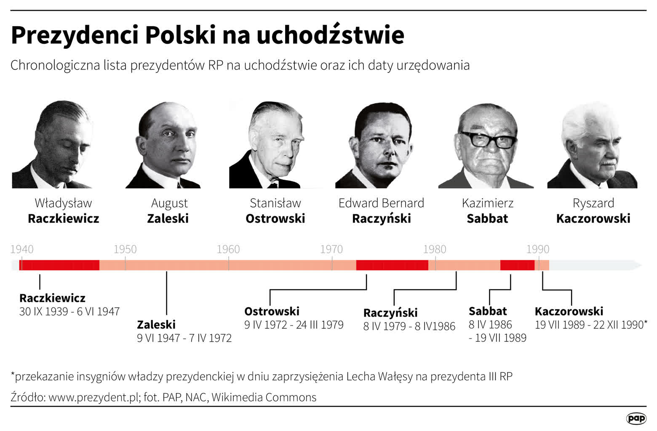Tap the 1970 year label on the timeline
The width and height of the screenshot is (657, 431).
331,249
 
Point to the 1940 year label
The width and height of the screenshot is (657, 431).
22,249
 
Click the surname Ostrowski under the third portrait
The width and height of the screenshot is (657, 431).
275,218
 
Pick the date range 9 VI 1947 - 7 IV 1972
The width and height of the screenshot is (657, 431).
184,338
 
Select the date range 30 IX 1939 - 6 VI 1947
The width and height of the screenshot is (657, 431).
69,311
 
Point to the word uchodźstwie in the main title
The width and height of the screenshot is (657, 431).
330,35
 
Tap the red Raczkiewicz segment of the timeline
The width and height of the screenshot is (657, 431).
59,265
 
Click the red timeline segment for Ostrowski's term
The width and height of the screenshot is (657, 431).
392,265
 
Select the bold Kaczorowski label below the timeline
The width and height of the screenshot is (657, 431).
569,311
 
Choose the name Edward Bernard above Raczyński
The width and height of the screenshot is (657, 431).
381,203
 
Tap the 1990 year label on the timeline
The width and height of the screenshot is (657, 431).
538,249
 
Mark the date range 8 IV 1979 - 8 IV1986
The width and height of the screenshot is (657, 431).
409,326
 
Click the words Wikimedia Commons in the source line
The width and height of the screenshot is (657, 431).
264,397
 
